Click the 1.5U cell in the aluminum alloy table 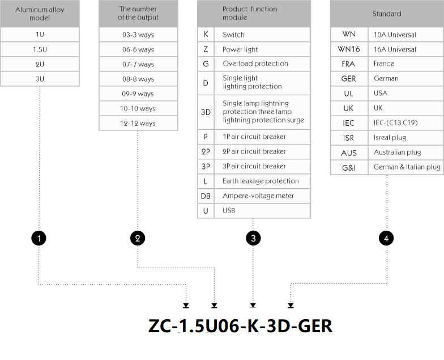40,49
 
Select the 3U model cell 40,79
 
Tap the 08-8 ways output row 138,79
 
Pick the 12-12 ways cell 138,123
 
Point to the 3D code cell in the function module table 206,112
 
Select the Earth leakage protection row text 261,181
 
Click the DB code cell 206,196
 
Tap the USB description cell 262,211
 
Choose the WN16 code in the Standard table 349,49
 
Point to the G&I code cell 349,168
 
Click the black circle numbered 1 39,238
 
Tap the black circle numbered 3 253,238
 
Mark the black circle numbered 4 386,238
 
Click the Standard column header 387,14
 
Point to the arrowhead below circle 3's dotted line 253,305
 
